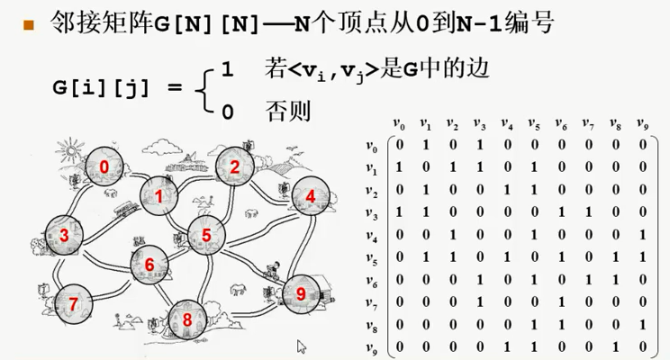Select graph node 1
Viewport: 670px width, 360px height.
click(160, 196)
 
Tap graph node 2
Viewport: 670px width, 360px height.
click(235, 166)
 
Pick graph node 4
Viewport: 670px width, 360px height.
click(311, 196)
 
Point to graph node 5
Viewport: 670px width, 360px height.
click(206, 235)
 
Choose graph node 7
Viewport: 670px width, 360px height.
click(72, 302)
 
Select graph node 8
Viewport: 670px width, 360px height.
click(187, 319)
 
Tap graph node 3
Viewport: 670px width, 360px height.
click(64, 235)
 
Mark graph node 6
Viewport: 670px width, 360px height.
click(150, 264)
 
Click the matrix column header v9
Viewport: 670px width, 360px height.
click(642, 123)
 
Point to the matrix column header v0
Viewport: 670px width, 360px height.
click(400, 123)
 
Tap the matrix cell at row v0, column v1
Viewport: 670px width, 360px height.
click(426, 145)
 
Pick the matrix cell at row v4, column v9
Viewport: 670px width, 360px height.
click(642, 235)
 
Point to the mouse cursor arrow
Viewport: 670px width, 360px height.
click(303, 346)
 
